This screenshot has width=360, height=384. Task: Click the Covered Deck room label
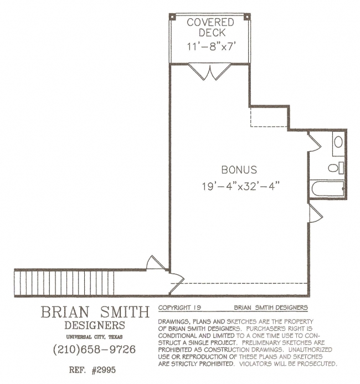[210, 27]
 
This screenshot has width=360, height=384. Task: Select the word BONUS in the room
[239, 170]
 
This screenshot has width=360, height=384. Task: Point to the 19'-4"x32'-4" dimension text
[240, 186]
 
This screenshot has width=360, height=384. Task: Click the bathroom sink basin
[338, 142]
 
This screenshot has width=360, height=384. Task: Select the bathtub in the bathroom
[328, 188]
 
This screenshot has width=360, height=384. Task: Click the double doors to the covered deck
[210, 71]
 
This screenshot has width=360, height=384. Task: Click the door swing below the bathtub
[316, 213]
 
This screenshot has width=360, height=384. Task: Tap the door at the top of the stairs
[156, 263]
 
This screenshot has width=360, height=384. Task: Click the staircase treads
[64, 283]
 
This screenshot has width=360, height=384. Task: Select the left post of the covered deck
[172, 17]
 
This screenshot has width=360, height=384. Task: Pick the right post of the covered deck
[248, 17]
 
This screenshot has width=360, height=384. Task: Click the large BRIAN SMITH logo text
[95, 312]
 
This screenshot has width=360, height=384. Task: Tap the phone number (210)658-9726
[94, 349]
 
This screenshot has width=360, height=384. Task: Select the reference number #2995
[104, 370]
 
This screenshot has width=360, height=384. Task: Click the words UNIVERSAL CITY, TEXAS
[94, 337]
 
